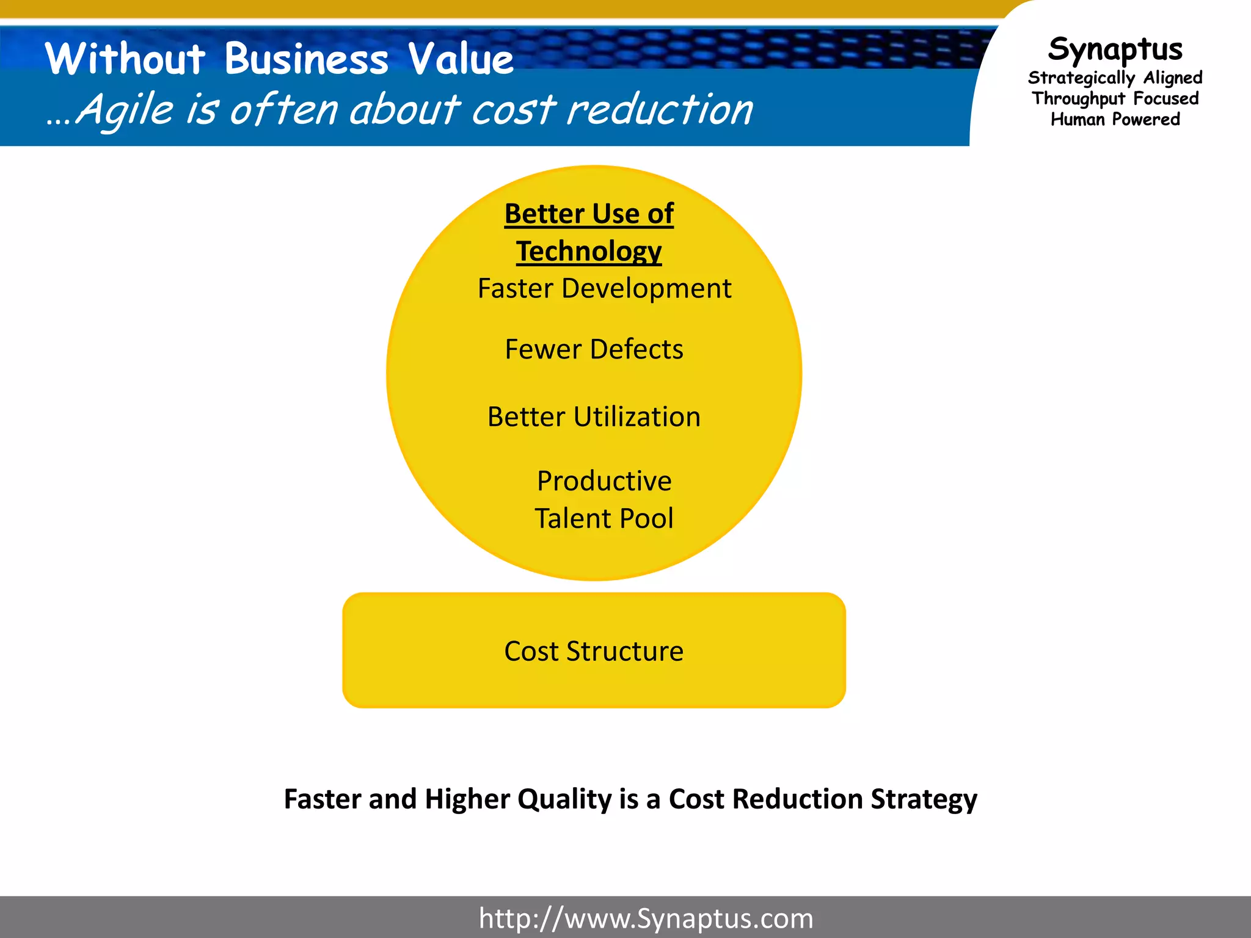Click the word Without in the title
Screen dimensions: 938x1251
[125, 59]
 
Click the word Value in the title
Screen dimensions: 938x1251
[461, 59]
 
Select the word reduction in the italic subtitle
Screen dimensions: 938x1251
[660, 111]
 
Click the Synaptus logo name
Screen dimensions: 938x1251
[1115, 49]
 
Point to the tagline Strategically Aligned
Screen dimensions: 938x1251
[1115, 78]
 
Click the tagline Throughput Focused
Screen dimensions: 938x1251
[1115, 98]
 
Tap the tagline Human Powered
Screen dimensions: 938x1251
[1115, 119]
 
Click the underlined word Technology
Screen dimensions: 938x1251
[589, 251]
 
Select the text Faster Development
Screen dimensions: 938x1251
[604, 288]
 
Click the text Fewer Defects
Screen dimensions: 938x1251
[594, 349]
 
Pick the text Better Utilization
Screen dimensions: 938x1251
[594, 416]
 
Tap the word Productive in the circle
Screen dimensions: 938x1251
[604, 481]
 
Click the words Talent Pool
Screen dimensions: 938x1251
[604, 518]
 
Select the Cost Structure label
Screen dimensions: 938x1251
[594, 651]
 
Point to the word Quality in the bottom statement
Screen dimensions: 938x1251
[564, 799]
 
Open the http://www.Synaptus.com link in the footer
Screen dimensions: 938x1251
[646, 918]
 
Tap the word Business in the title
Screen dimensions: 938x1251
[306, 59]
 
